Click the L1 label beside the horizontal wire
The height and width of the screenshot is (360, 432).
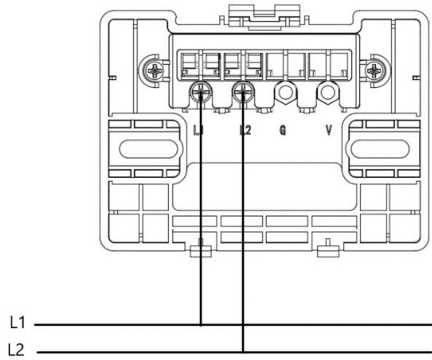tap(17, 322)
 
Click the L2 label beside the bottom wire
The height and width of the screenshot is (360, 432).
tap(16, 350)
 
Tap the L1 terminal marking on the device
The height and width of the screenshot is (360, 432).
tap(198, 130)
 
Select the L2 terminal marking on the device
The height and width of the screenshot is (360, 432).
tap(245, 130)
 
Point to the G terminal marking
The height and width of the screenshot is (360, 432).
tap(283, 130)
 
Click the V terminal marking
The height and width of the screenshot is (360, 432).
tap(329, 130)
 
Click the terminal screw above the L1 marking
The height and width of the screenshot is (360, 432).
tap(201, 92)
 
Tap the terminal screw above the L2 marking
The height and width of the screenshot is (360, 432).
tap(243, 92)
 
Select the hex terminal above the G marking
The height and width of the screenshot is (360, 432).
tap(285, 92)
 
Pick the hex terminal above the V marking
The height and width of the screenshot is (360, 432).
tap(328, 92)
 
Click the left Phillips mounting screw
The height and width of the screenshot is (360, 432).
tap(155, 71)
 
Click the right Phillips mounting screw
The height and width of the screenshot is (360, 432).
tap(374, 71)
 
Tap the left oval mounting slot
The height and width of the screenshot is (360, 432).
tap(149, 149)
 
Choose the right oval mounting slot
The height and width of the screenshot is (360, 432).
tap(380, 149)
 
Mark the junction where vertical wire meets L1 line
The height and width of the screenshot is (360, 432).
tap(201, 325)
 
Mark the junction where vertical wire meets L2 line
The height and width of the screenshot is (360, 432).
tap(243, 352)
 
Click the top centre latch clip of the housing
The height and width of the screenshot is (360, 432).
tap(265, 17)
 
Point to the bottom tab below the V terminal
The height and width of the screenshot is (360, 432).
tap(328, 249)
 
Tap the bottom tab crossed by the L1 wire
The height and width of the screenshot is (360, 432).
tap(201, 249)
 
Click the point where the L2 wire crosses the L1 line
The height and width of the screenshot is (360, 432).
tap(243, 325)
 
